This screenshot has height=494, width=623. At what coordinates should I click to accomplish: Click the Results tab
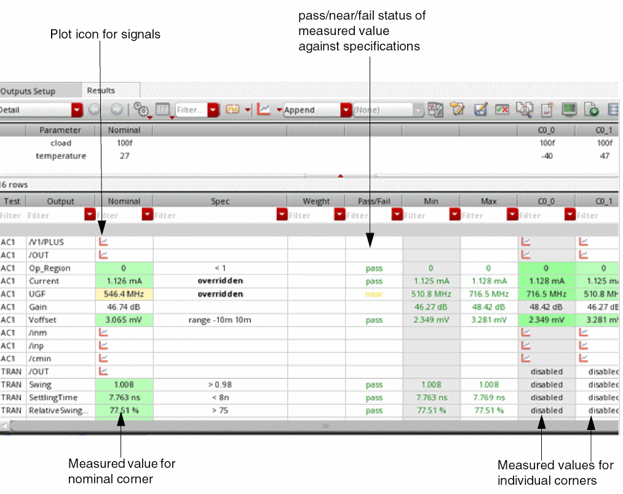coord(101,90)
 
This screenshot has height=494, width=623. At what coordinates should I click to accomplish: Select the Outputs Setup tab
coord(28,91)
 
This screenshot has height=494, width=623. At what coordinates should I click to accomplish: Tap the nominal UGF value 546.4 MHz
coord(124,294)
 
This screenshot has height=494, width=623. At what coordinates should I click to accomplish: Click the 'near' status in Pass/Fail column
coord(373,294)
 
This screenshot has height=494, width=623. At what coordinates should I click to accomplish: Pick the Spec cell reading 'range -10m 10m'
coord(220,320)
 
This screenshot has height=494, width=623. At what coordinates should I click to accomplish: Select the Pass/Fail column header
coord(373,201)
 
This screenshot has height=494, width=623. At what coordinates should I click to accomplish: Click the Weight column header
coord(316,201)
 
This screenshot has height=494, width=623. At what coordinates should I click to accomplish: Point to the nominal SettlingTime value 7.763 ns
coord(124,397)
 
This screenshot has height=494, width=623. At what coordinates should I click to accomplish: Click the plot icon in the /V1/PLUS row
coord(104,242)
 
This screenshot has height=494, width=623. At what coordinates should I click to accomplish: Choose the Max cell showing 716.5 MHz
coord(488,294)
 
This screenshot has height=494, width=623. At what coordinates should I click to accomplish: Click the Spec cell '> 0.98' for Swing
coord(220,384)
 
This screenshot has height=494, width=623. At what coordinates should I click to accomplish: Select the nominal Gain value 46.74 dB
coord(124,307)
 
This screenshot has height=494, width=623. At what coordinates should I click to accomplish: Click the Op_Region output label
coord(50,268)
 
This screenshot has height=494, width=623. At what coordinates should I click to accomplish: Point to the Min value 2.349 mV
coord(431,320)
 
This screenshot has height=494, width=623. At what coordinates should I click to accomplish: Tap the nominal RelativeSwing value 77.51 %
coord(124,410)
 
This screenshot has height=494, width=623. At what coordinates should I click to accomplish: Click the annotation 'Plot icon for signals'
coord(105,34)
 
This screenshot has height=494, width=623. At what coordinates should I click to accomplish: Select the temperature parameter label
coord(61,156)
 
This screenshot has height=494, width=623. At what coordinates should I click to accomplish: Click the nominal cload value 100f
coord(124,143)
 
